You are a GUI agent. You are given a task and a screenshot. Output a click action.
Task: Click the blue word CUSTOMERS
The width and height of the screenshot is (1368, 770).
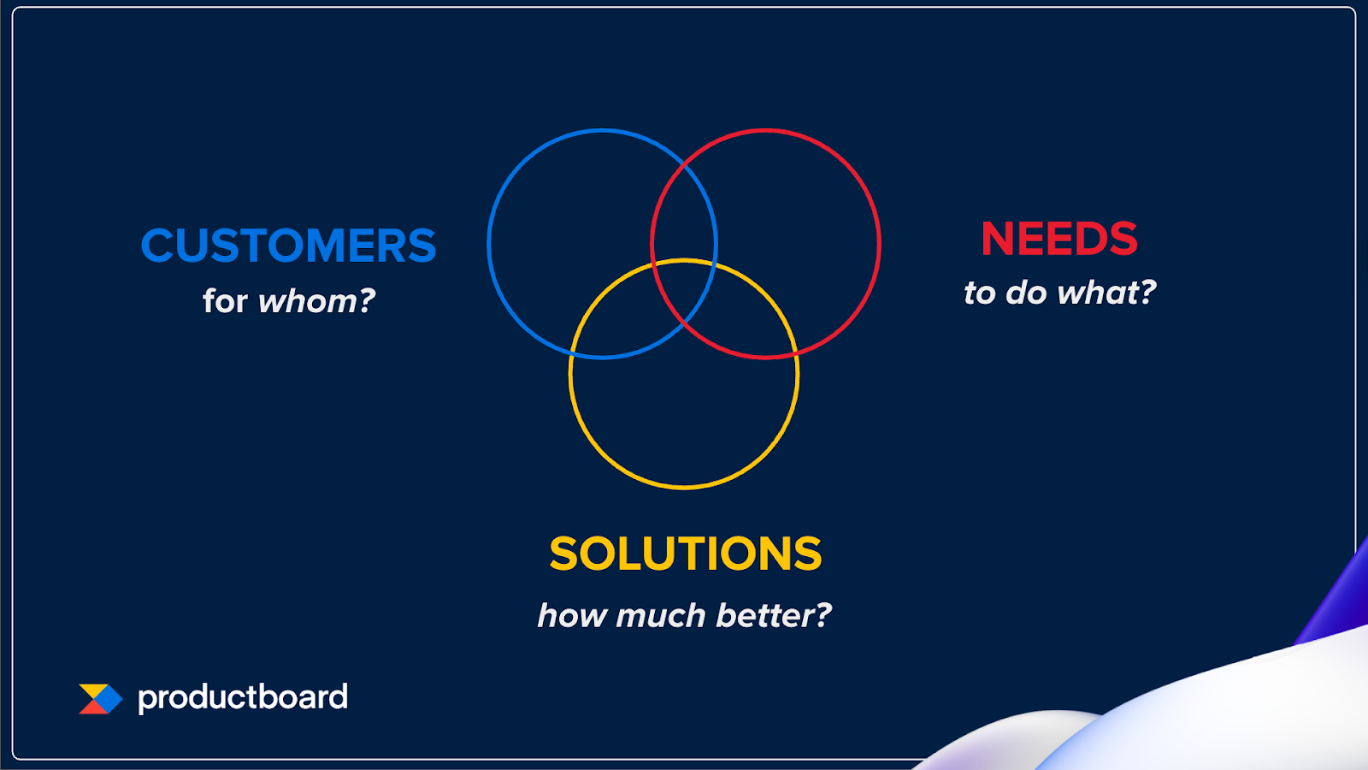[x=288, y=245]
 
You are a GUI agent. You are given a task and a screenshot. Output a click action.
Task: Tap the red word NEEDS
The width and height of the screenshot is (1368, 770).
[x=1059, y=239]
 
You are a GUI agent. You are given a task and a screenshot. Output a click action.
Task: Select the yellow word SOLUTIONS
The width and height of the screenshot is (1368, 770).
[x=685, y=554]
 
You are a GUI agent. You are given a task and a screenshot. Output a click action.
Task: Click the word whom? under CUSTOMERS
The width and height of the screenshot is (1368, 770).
[x=316, y=300]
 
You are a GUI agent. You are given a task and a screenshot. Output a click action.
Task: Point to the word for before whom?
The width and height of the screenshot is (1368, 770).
[x=225, y=300]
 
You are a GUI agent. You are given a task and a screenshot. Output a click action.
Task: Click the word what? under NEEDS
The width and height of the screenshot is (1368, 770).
[x=1106, y=292]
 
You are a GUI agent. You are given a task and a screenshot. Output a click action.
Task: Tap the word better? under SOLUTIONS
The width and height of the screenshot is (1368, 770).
[x=774, y=615]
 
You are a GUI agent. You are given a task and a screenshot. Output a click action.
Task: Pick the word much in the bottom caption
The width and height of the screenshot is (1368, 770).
[x=660, y=615]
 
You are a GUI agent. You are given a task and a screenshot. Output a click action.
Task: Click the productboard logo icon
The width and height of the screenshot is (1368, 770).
[x=101, y=699]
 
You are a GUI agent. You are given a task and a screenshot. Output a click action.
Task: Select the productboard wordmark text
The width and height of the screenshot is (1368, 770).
[x=243, y=698]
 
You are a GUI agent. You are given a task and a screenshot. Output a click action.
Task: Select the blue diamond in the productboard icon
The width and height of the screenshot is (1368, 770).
[x=107, y=699]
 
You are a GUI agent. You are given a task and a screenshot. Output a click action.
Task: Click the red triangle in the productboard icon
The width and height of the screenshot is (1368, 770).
[x=91, y=708]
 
